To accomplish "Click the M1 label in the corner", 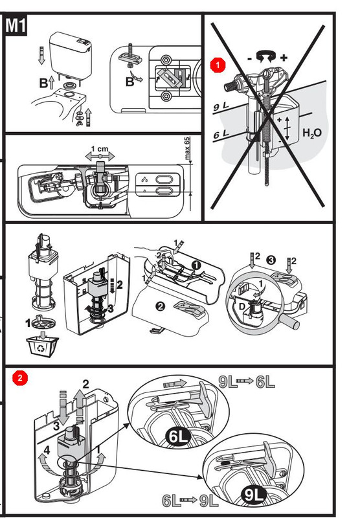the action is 16,25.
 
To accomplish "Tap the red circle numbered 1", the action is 218,65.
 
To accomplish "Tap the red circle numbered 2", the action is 20,378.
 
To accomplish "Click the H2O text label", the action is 312,133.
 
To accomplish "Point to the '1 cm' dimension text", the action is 100,149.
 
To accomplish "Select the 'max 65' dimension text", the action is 187,148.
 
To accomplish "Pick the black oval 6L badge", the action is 178,436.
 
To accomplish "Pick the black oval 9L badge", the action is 254,494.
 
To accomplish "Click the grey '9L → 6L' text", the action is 247,381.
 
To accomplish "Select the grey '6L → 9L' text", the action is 190,501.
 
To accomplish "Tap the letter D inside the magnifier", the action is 242,306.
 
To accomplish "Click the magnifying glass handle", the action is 289,320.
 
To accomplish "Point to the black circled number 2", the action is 160,306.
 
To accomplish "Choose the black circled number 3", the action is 271,260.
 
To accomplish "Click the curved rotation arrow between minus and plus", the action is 267,56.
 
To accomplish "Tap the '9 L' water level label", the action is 221,106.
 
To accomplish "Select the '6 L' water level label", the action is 221,134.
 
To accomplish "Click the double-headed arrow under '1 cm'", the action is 100,155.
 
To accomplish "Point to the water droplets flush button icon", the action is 144,180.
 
